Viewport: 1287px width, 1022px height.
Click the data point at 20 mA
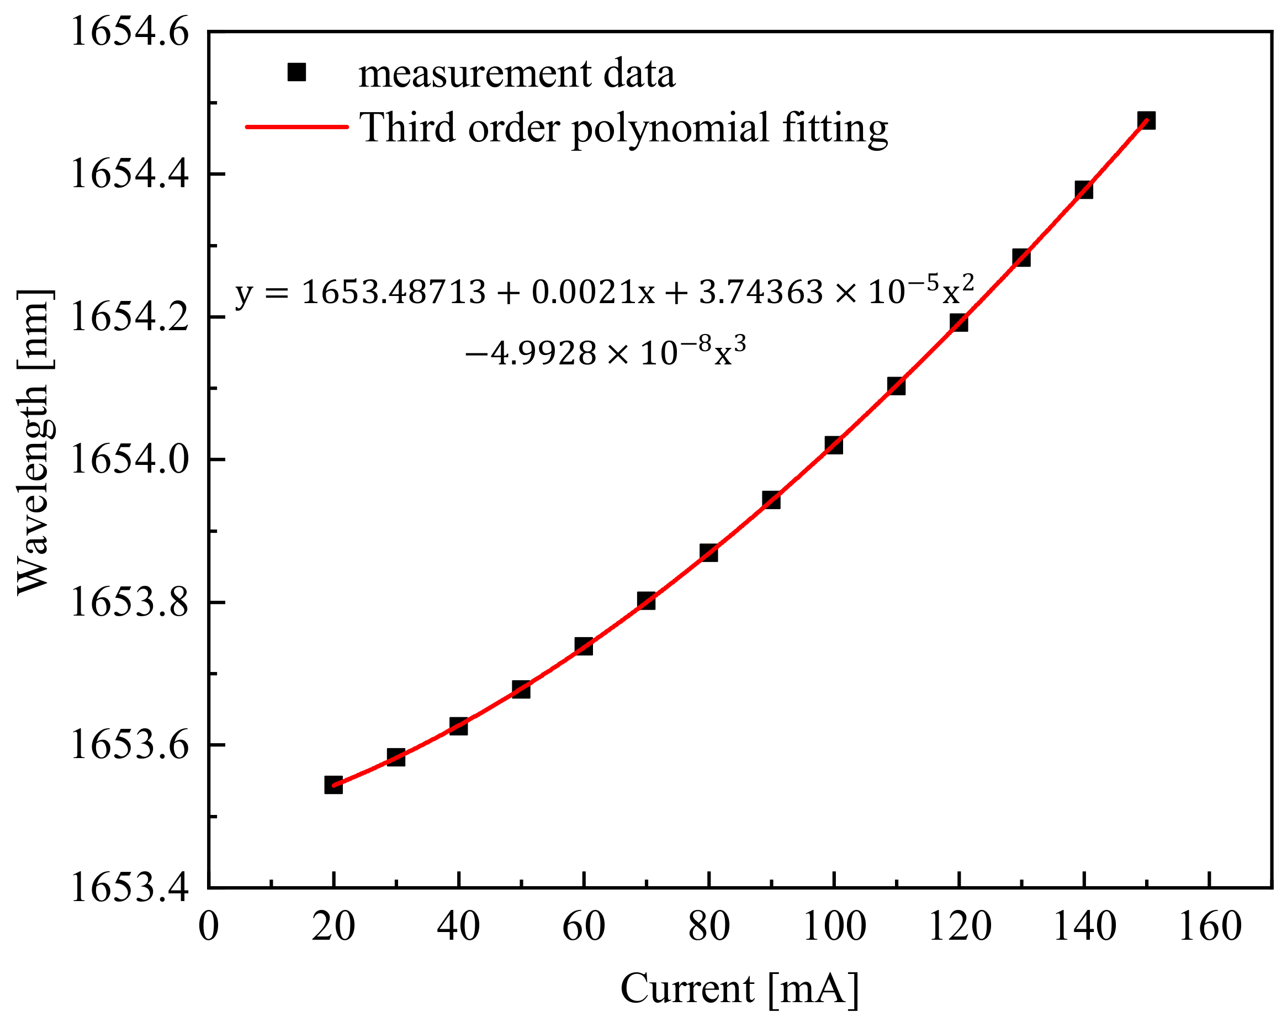[x=333, y=785]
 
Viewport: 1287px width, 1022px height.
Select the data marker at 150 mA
[x=1146, y=120]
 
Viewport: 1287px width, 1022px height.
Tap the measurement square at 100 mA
[x=833, y=444]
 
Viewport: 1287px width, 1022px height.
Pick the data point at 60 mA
[x=583, y=646]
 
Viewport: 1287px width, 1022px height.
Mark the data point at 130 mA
[x=1021, y=258]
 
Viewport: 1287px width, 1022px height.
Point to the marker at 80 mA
[x=708, y=553]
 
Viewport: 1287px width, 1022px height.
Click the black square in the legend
[x=296, y=72]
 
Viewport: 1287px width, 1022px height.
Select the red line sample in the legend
[x=296, y=126]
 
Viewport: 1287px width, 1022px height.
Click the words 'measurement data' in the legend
[x=516, y=74]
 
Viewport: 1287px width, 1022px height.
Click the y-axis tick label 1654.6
[x=130, y=31]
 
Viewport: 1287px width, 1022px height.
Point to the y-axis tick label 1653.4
[x=130, y=888]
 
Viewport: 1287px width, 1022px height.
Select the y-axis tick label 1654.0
[x=130, y=460]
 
